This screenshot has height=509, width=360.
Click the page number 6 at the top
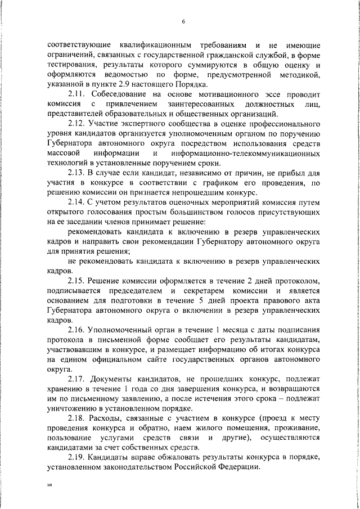[184, 21]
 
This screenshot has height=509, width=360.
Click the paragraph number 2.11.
[76, 96]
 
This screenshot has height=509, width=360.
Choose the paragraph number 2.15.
[76, 280]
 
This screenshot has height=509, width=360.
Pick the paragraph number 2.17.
[76, 379]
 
